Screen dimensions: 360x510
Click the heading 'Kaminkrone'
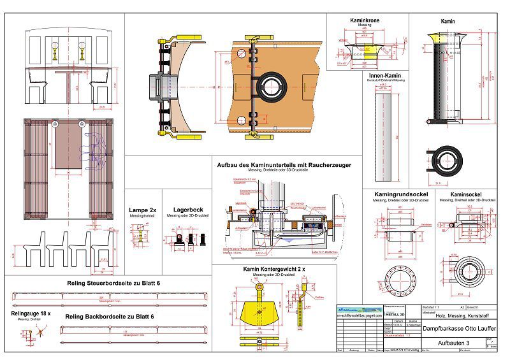365,20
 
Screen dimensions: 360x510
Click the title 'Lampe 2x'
143,209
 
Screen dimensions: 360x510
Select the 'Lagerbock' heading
188,209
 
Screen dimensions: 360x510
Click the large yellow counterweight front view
261,313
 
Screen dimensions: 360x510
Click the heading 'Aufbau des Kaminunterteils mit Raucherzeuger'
284,165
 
